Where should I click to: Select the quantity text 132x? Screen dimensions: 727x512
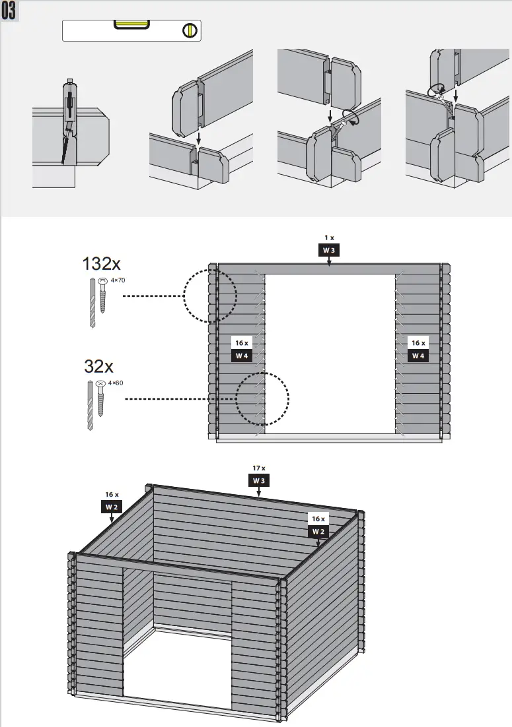click(101, 264)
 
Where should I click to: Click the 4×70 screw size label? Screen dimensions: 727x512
click(118, 280)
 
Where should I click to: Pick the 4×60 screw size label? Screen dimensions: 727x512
click(115, 383)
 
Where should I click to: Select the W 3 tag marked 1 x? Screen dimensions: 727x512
click(329, 250)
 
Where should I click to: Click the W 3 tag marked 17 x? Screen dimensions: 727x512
click(259, 481)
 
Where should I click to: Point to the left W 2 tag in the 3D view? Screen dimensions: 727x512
click(112, 507)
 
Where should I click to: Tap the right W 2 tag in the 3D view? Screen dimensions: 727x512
click(319, 532)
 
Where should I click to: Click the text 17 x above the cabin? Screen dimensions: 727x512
click(259, 468)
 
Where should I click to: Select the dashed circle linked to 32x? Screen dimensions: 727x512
click(263, 399)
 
